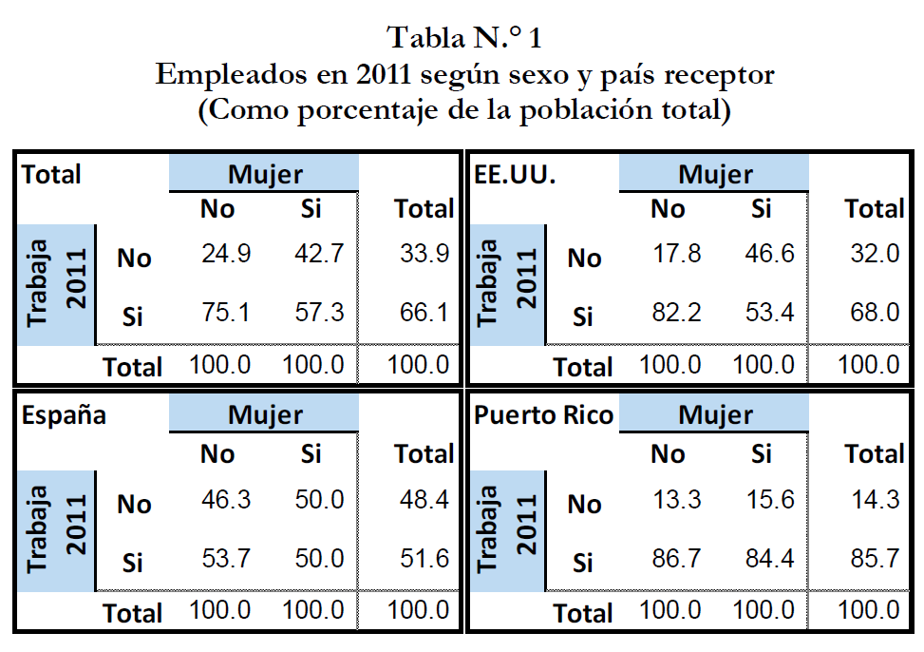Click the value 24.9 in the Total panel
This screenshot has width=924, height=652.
(x=226, y=255)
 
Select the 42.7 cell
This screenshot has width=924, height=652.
(x=320, y=255)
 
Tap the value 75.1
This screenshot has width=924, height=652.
(x=226, y=313)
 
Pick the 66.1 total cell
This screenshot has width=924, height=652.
(x=424, y=313)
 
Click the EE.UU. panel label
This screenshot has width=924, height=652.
(x=514, y=175)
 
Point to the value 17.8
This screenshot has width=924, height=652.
(x=677, y=255)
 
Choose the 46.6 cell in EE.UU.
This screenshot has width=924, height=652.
(x=770, y=255)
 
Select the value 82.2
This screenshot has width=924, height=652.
(x=677, y=313)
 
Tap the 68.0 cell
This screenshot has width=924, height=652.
(x=875, y=313)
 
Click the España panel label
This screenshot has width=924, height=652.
(x=64, y=415)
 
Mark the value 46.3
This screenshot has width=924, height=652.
(x=226, y=500)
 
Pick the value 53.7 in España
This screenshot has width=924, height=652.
(x=226, y=559)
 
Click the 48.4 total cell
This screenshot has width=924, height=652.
(x=424, y=500)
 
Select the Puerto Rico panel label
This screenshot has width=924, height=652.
(x=543, y=415)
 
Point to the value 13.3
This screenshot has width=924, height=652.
(x=677, y=500)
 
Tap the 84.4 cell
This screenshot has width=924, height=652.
(x=770, y=559)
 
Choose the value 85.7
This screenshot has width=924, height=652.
(x=875, y=559)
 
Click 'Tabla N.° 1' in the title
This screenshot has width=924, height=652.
(x=464, y=38)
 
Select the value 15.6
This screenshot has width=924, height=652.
(x=770, y=500)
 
